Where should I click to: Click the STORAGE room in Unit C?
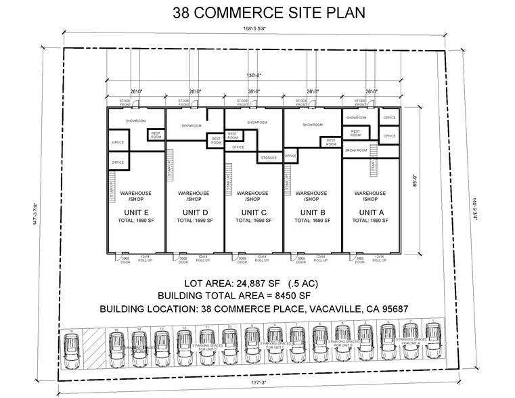coord(267,158)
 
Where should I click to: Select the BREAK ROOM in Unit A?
coord(356,150)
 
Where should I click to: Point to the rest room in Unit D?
coord(216,140)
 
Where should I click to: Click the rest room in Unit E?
coord(156,135)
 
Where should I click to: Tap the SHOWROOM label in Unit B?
coord(312,125)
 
